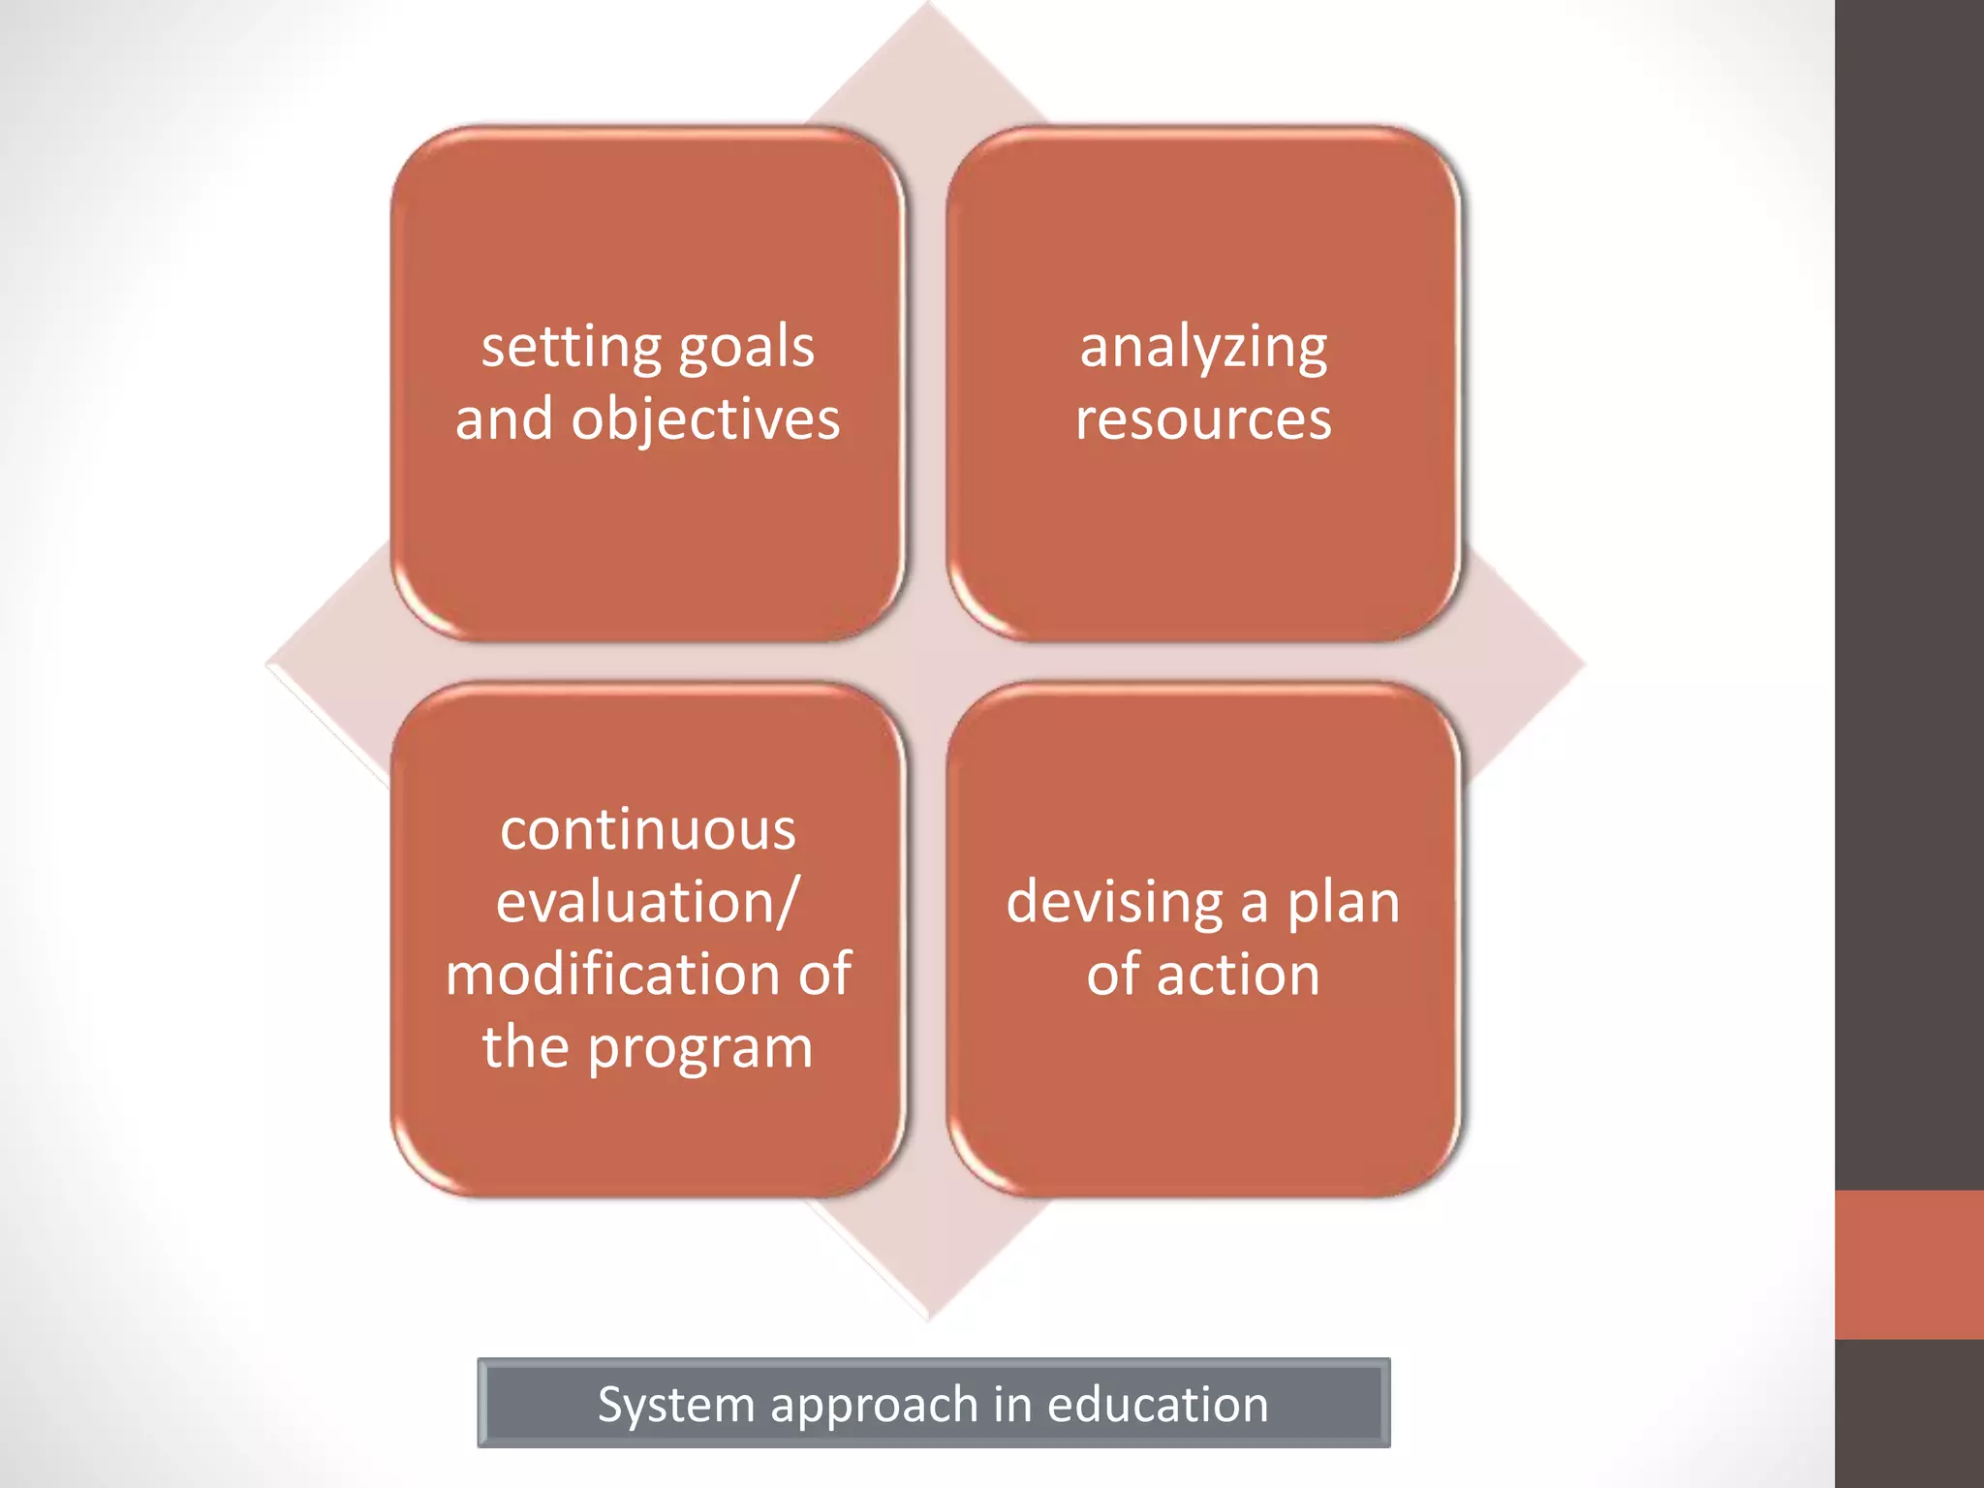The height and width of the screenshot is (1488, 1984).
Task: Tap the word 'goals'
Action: (x=747, y=348)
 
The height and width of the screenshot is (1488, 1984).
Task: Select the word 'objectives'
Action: (x=705, y=419)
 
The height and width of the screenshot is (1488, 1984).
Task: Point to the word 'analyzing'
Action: (x=1203, y=348)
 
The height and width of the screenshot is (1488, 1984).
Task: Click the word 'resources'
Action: (x=1203, y=419)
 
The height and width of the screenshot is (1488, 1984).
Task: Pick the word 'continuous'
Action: (x=648, y=830)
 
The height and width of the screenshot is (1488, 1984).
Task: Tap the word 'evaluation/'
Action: (x=648, y=903)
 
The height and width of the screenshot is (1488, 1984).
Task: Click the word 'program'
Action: (x=699, y=1048)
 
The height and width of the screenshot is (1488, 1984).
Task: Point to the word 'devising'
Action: (x=1115, y=903)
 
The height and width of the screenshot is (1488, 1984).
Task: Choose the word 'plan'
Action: (x=1343, y=903)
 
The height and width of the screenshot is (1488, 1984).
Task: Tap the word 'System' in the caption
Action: (x=675, y=1405)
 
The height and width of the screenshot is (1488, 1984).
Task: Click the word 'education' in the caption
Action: (x=1157, y=1405)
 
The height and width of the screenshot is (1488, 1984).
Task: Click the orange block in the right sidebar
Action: (x=1908, y=1264)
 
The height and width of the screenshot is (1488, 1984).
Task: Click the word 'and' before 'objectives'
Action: (x=504, y=419)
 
